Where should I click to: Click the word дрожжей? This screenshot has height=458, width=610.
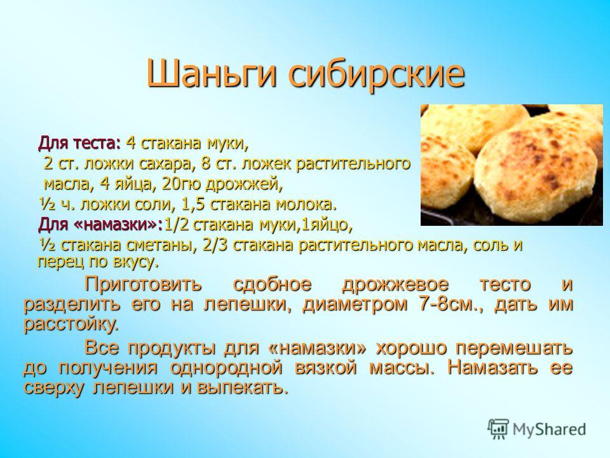point(243,184)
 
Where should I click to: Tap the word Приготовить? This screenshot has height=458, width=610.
point(143,284)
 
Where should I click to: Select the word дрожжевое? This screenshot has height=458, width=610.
point(395,284)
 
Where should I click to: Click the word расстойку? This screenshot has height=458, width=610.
point(71,324)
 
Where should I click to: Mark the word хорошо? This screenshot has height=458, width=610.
point(411,348)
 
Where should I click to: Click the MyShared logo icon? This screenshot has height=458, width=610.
point(498,429)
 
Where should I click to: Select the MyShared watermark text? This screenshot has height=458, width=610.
point(549,430)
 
